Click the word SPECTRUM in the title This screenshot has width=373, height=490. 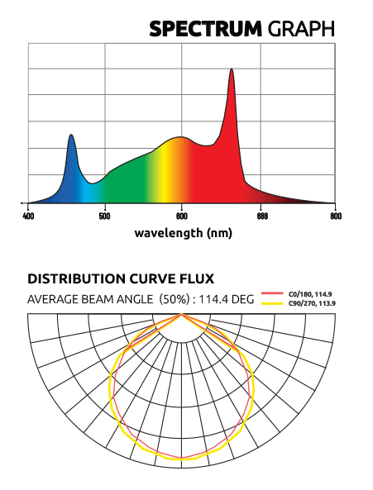click(x=205, y=29)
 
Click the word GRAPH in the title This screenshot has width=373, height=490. click(x=302, y=29)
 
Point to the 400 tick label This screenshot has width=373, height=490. click(x=28, y=216)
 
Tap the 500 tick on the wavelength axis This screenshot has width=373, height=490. click(x=104, y=216)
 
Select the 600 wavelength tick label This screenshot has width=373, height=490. click(x=182, y=216)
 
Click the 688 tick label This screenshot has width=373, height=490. click(x=259, y=216)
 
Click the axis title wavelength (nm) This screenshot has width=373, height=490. click(x=183, y=232)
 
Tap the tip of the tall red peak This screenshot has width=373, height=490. click(x=232, y=69)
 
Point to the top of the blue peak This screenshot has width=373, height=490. click(x=72, y=135)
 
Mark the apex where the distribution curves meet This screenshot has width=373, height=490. click(x=182, y=316)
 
